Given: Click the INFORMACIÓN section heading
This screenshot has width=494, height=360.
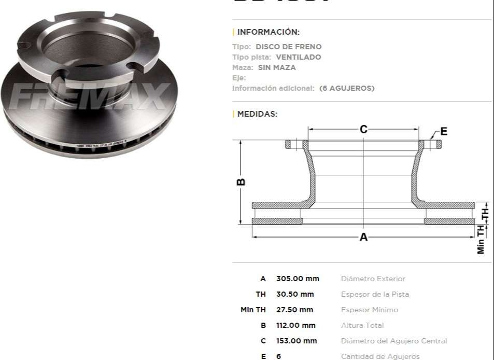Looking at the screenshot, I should pyautogui.click(x=268, y=32).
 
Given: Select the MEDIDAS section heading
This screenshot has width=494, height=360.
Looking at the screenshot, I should pyautogui.click(x=257, y=114).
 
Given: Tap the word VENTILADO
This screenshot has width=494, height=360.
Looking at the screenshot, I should pyautogui.click(x=298, y=57).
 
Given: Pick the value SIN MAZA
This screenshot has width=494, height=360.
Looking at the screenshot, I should pyautogui.click(x=284, y=67).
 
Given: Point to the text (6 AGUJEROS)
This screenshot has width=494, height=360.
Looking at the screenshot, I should pyautogui.click(x=346, y=88).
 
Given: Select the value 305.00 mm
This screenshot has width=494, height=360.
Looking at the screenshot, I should pyautogui.click(x=298, y=279).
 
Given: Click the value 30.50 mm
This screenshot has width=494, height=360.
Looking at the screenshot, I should pyautogui.click(x=295, y=294).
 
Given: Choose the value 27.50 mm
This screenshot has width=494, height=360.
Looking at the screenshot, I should pyautogui.click(x=294, y=310).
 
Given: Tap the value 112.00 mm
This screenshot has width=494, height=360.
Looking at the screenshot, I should pyautogui.click(x=295, y=325).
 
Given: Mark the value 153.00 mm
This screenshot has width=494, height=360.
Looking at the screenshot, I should pyautogui.click(x=296, y=341).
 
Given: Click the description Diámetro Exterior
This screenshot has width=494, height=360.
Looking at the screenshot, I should pyautogui.click(x=373, y=279).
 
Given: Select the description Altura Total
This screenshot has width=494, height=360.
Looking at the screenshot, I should pyautogui.click(x=363, y=325).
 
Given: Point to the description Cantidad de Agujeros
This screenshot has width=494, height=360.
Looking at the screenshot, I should pyautogui.click(x=380, y=356).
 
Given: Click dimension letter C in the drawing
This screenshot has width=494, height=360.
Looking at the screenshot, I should pyautogui.click(x=363, y=129).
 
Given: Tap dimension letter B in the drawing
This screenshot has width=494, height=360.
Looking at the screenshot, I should pyautogui.click(x=241, y=182).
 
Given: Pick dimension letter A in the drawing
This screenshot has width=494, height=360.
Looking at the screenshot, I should pyautogui.click(x=363, y=237).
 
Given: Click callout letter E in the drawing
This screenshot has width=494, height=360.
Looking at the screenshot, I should pyautogui.click(x=444, y=131).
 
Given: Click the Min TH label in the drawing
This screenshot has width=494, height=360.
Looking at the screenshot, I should pyautogui.click(x=481, y=240).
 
